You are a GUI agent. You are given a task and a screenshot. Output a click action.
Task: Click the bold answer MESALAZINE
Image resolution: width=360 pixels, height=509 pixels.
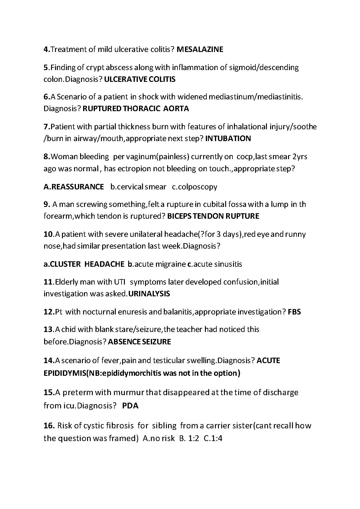pyautogui.click(x=200, y=49)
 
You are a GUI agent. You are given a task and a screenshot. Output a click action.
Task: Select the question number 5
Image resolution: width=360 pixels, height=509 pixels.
pyautogui.click(x=46, y=67)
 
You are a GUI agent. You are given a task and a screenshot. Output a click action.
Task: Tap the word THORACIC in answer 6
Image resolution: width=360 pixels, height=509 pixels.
pyautogui.click(x=142, y=108)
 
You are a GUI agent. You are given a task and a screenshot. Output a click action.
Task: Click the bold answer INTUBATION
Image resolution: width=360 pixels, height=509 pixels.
pyautogui.click(x=228, y=139)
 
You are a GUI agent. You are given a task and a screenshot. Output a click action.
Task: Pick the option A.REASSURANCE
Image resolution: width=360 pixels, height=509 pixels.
pyautogui.click(x=74, y=187)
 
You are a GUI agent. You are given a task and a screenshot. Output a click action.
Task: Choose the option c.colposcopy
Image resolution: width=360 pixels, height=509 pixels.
pyautogui.click(x=195, y=187)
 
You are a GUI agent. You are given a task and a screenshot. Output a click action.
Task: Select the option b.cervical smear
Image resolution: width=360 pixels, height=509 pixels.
pyautogui.click(x=138, y=187)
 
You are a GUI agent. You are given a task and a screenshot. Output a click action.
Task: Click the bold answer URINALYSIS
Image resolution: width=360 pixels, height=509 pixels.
pyautogui.click(x=149, y=294)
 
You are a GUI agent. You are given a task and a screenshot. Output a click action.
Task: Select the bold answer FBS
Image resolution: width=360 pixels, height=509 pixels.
pyautogui.click(x=294, y=312)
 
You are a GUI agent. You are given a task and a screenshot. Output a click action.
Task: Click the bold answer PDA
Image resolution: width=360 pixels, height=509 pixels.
pyautogui.click(x=130, y=406)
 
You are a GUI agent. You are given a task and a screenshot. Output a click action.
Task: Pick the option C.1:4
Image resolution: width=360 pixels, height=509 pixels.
pyautogui.click(x=213, y=438)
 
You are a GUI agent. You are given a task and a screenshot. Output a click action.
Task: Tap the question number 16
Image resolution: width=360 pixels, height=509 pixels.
pyautogui.click(x=49, y=426)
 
